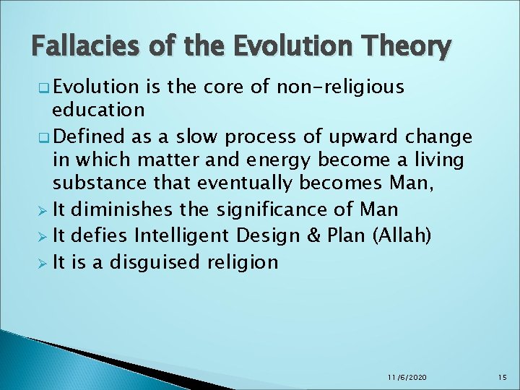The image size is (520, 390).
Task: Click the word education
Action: (x=99, y=110)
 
